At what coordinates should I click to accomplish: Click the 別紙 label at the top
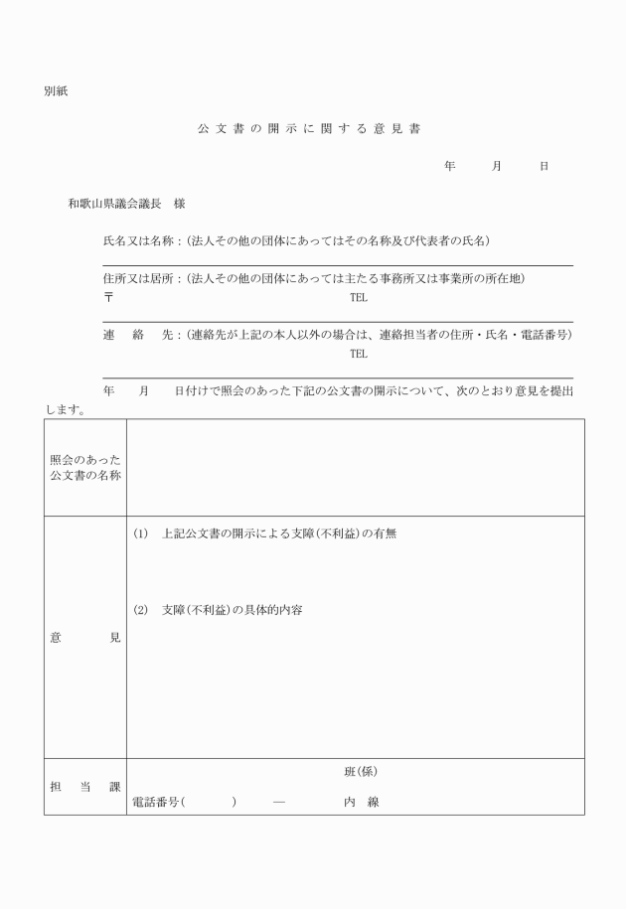pos(56,92)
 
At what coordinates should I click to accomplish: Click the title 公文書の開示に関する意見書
pos(313,129)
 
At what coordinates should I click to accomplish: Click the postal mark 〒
pos(108,297)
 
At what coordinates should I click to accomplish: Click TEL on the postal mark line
pos(358,297)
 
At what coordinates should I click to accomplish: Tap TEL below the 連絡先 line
pos(358,354)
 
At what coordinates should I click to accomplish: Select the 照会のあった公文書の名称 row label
pos(85,467)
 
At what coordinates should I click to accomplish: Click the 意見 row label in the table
pos(85,638)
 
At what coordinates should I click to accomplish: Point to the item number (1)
pos(140,533)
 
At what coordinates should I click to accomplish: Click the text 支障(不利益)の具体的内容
pos(232,609)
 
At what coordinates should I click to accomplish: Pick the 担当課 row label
pos(85,787)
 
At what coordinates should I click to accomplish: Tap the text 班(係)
pos(361,771)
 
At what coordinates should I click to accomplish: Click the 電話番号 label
pos(156,802)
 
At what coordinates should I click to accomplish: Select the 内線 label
pos(361,802)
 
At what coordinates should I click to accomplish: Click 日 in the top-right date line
pos(544,167)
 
